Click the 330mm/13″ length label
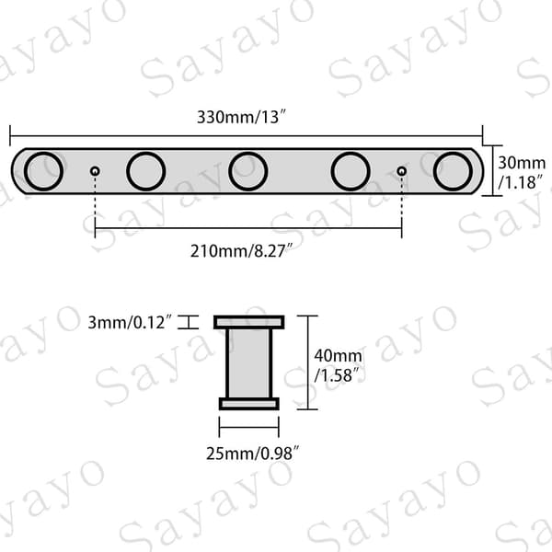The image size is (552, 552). pos(241,117)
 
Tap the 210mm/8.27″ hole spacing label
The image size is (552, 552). pos(241,251)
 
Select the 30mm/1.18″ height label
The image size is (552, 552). pos(522,173)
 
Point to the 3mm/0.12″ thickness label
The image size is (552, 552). pos(130,323)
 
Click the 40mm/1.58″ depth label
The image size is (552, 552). pos(338,365)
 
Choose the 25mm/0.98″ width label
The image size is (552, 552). pos(252,454)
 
